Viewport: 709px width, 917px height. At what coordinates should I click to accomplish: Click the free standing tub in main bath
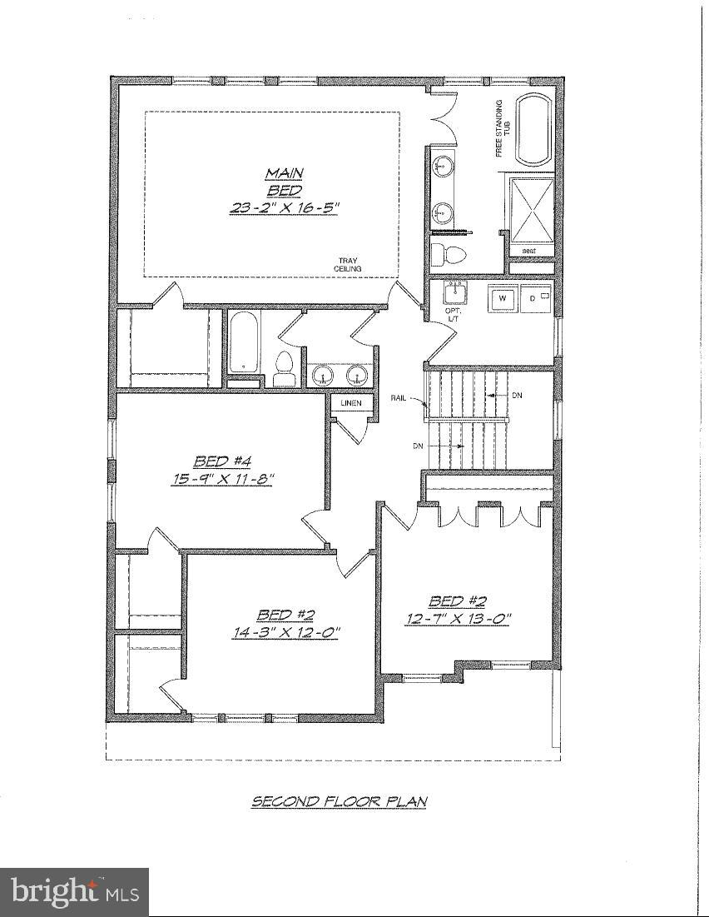click(534, 130)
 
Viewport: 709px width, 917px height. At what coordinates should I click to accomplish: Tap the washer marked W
click(503, 297)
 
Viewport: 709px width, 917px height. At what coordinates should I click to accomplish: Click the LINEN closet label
click(350, 404)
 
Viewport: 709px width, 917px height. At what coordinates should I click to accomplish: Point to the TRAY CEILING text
click(346, 264)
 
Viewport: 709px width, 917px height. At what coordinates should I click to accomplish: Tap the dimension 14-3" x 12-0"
click(285, 632)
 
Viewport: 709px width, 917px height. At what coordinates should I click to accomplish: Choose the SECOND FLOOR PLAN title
click(339, 801)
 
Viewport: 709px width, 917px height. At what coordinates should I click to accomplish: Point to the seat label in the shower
click(528, 251)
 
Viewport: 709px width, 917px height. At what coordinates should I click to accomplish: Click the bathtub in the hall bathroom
click(243, 343)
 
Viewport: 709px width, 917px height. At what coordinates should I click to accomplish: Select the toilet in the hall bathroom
click(285, 367)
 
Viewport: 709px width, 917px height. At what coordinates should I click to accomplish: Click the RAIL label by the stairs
click(399, 398)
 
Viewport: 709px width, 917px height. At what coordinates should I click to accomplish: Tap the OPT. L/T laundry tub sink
click(454, 293)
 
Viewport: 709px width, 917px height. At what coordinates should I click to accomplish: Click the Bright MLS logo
click(74, 892)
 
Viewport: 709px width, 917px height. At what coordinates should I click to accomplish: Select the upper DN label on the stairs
click(517, 394)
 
